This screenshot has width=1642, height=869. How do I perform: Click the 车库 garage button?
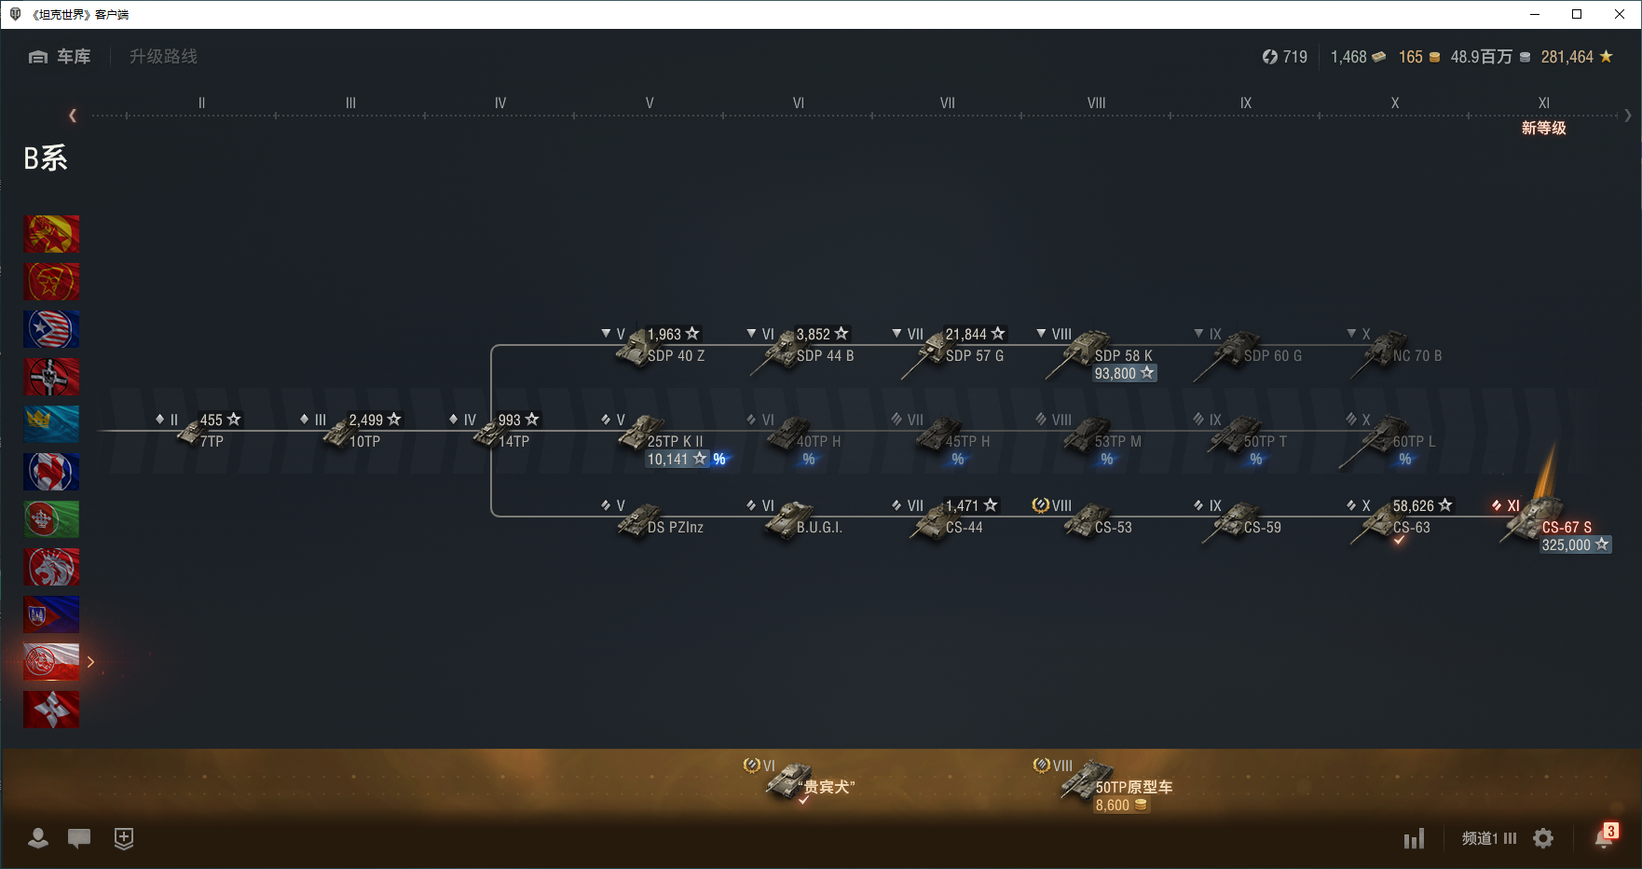[x=61, y=57]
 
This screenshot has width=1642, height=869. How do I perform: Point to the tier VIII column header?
[x=1096, y=103]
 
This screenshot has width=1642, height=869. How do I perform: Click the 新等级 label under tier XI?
[x=1543, y=129]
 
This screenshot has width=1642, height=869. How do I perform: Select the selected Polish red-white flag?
[x=51, y=662]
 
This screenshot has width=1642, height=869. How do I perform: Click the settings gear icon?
[x=1543, y=839]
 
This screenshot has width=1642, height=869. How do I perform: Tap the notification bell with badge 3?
[x=1604, y=837]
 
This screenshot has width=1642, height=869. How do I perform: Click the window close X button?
[x=1620, y=14]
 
